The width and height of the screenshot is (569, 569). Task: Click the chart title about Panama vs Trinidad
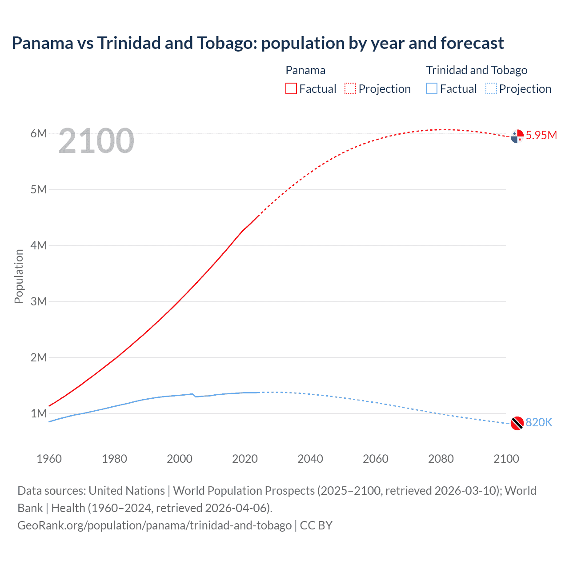[x=258, y=43]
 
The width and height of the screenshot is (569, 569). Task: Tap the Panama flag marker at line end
[x=517, y=136]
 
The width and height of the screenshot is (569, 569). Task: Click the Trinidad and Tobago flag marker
[x=517, y=423]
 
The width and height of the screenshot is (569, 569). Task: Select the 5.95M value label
[x=541, y=135]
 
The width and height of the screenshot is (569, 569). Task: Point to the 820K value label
[x=539, y=422]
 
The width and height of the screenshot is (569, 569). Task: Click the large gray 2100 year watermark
[x=96, y=141]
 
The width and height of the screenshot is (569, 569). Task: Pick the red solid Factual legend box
[x=291, y=88]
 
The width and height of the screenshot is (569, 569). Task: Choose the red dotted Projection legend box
[x=350, y=88]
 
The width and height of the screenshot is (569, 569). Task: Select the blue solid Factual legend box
[x=432, y=88]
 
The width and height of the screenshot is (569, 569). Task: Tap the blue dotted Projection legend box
[x=491, y=88]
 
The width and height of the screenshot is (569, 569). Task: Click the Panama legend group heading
[x=305, y=70]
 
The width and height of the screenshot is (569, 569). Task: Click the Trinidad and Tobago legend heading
[x=477, y=70]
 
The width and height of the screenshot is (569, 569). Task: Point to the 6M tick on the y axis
[x=39, y=133]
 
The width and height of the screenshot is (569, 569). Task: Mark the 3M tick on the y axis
[x=39, y=301]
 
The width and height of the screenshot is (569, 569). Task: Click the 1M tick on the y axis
[x=39, y=413]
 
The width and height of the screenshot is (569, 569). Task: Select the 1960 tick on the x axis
[x=49, y=459]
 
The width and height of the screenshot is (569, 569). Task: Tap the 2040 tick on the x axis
[x=310, y=459]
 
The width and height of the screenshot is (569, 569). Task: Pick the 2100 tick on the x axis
[x=506, y=459]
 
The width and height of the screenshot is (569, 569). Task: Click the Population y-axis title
[x=19, y=276]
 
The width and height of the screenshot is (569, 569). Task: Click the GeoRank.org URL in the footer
[x=154, y=525]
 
